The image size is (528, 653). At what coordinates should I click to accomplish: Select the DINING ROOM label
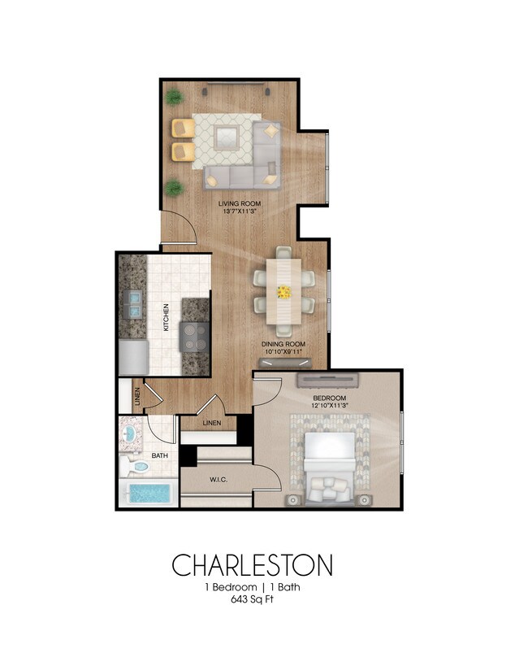(283, 344)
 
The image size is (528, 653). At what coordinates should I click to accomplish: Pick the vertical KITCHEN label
(165, 317)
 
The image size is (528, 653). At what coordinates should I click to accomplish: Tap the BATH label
(159, 455)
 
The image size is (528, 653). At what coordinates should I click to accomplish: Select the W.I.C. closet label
(218, 480)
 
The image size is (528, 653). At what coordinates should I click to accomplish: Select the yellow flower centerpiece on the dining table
(283, 290)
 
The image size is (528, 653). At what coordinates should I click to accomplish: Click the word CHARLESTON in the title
(251, 564)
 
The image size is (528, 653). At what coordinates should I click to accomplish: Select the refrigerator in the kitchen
(132, 355)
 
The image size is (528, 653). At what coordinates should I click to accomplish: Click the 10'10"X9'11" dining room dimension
(283, 353)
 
